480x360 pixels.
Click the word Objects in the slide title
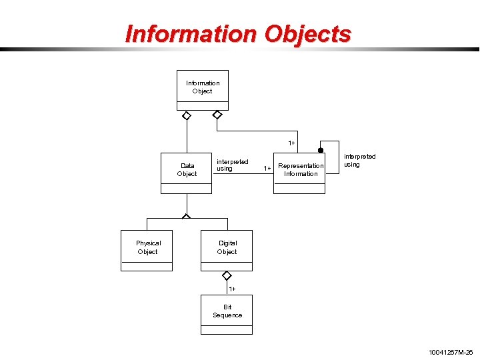click(x=307, y=33)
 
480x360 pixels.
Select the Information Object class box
click(x=203, y=90)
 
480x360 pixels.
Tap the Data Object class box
click(x=187, y=173)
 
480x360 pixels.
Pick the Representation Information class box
click(x=299, y=173)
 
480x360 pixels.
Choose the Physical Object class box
click(x=147, y=250)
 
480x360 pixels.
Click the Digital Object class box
click(x=227, y=250)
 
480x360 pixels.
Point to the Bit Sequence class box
click(x=227, y=314)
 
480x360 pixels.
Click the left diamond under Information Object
click(x=187, y=115)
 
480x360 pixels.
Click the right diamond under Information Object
click(x=217, y=115)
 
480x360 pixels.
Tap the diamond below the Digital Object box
click(x=227, y=275)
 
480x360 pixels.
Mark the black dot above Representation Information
click(x=320, y=151)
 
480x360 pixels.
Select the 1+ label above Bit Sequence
click(x=232, y=289)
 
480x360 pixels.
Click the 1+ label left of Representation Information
click(x=267, y=169)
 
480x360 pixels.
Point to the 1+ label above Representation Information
click(x=292, y=143)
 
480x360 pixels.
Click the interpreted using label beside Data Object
click(x=232, y=165)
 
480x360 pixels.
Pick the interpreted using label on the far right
click(x=359, y=161)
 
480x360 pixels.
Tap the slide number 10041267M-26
click(x=451, y=351)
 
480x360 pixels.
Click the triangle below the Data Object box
click(x=187, y=216)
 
